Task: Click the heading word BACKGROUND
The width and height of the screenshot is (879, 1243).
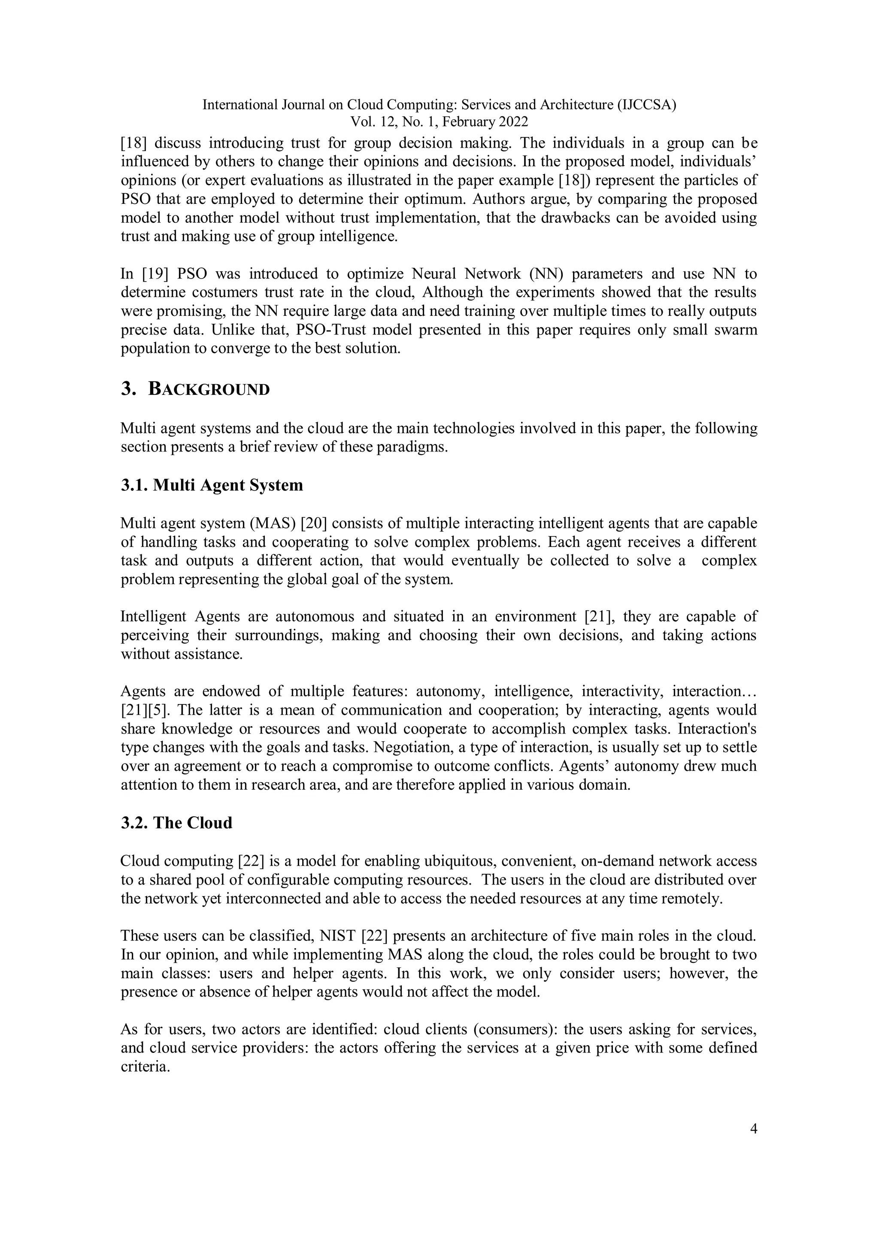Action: (x=209, y=390)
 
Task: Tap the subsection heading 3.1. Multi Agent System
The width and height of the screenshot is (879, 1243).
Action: (x=212, y=485)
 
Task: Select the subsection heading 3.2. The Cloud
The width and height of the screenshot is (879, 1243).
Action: (x=176, y=822)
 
